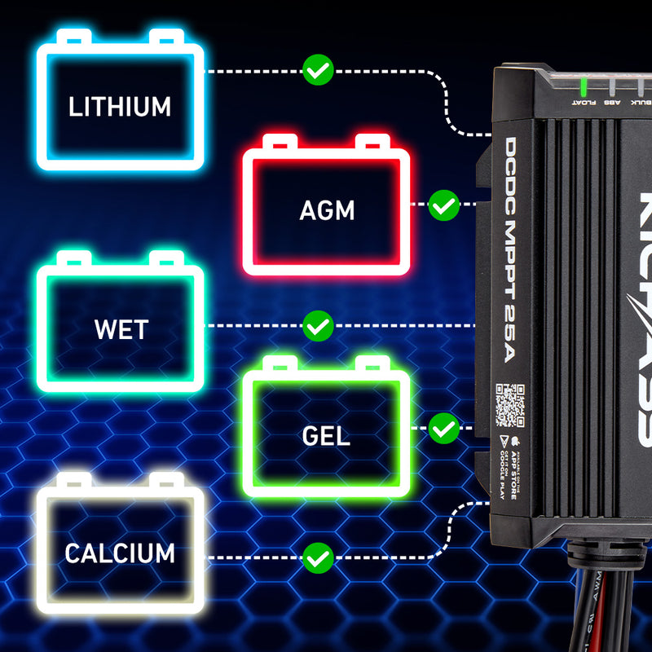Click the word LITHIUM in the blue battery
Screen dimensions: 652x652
[x=120, y=107]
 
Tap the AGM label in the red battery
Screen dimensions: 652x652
[x=327, y=210]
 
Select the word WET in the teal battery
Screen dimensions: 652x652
[x=121, y=330]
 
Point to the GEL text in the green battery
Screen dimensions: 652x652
[x=326, y=435]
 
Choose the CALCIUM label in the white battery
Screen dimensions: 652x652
[x=120, y=554]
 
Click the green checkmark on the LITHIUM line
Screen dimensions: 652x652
[x=318, y=70]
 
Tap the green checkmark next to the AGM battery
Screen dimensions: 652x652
[x=443, y=205]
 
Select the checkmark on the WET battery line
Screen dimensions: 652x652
[x=318, y=326]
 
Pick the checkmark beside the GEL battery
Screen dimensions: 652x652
[x=443, y=428]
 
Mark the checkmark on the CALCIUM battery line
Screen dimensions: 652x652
[x=318, y=557]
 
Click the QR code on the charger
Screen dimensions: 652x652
[x=510, y=406]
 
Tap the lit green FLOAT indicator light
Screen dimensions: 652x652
[x=584, y=87]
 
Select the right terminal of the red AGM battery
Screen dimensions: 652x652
[x=372, y=142]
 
